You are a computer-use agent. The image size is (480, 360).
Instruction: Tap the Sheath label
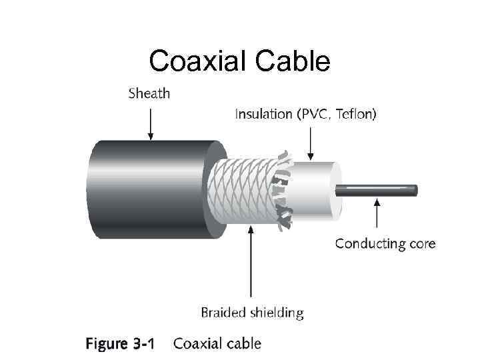[x=149, y=93]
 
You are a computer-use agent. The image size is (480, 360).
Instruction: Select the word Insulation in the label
[x=263, y=115]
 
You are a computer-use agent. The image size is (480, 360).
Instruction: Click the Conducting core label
[x=385, y=243]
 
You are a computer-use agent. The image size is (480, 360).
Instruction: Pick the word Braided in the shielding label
[x=223, y=312]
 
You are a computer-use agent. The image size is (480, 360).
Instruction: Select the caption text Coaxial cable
[x=217, y=344]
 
